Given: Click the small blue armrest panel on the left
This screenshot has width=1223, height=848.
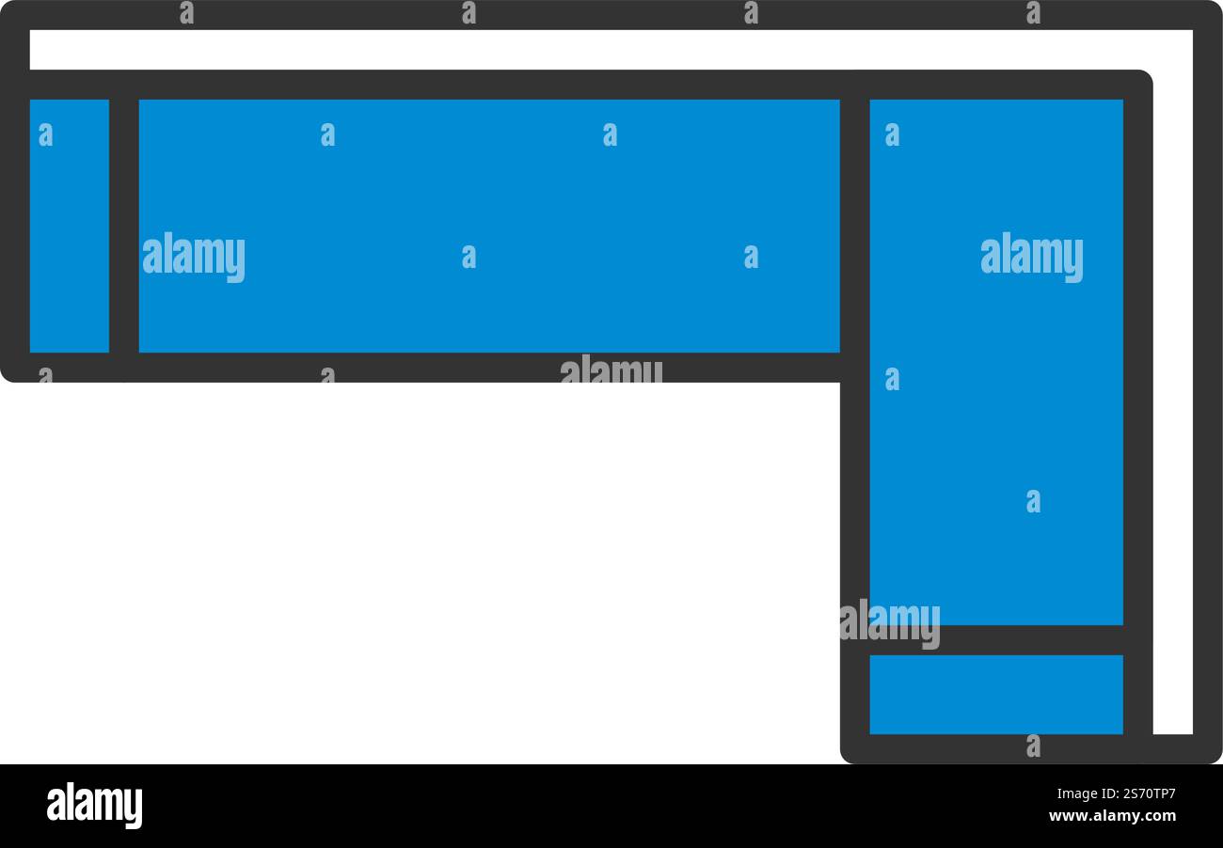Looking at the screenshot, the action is (70, 226).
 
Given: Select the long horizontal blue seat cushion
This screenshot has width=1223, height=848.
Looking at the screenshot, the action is (489, 226).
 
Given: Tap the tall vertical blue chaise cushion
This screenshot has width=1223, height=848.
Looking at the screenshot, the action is (996, 362).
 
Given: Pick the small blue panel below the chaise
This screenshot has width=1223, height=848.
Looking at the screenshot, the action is (996, 695).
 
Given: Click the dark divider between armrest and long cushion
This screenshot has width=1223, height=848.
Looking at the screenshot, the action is (124, 226).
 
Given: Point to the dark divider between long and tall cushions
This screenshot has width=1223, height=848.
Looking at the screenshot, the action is (854, 226).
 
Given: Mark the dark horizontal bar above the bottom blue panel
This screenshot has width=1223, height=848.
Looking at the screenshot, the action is (996, 640).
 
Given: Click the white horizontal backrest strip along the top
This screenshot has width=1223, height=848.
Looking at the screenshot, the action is (611, 50).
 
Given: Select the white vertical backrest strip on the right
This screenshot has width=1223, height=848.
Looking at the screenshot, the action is (1173, 382).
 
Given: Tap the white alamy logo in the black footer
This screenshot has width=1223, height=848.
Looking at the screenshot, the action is (94, 806).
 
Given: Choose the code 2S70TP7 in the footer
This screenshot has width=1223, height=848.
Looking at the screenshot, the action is (1146, 793).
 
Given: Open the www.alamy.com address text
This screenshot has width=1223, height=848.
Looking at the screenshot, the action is (1112, 816).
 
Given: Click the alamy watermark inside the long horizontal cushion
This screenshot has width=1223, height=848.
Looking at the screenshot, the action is (193, 257).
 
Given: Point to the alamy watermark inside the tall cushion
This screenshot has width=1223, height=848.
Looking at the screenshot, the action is (1031, 257).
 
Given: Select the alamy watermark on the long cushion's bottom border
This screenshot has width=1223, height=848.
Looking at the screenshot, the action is (611, 369).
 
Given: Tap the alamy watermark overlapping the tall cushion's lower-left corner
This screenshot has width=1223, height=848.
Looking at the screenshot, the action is (890, 623).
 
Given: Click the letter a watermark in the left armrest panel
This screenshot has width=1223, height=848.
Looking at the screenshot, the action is (46, 134).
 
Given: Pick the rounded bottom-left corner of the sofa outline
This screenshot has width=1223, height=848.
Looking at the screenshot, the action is (5, 378).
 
